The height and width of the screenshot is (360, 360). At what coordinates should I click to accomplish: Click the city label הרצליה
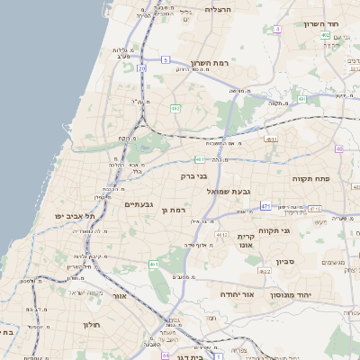(219, 9)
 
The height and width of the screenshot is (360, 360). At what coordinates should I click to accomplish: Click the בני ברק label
(194, 176)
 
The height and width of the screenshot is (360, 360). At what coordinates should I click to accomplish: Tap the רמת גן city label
(173, 211)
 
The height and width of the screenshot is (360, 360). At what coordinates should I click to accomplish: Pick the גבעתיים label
(139, 203)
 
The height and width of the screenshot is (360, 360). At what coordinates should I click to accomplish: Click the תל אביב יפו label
(74, 217)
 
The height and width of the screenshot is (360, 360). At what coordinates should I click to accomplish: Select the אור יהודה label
(238, 294)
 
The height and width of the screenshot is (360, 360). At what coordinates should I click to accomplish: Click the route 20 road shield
(142, 67)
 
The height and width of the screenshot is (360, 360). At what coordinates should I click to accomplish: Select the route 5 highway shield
(166, 59)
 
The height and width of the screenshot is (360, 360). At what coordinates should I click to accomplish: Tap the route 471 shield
(265, 206)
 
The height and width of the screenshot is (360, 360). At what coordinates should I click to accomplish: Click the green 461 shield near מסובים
(154, 264)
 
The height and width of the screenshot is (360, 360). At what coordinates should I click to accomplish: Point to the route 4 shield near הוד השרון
(278, 30)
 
